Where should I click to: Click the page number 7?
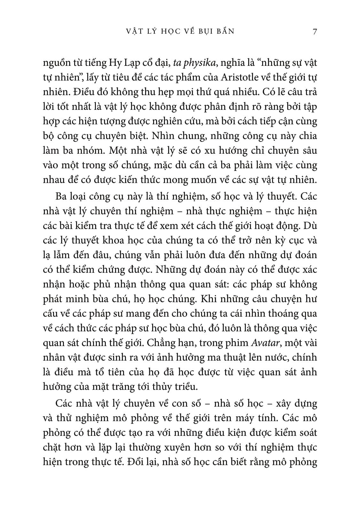click(315, 31)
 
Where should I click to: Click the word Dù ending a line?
click(309, 225)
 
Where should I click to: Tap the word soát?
click(306, 433)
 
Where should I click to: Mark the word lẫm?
click(63, 255)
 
